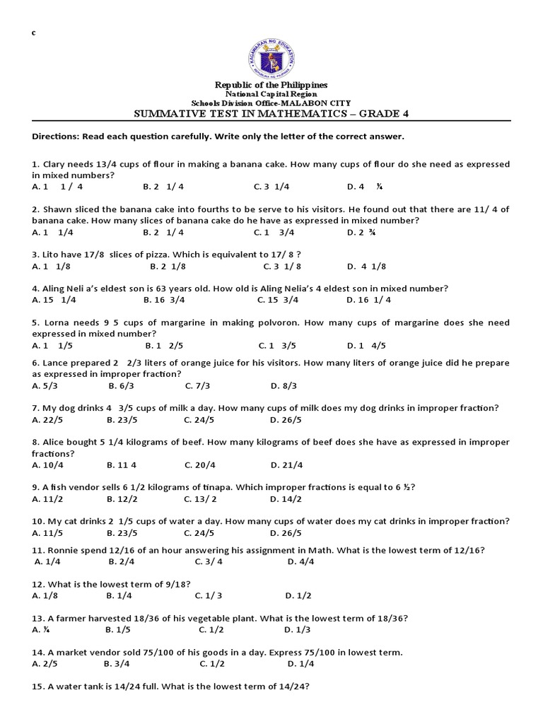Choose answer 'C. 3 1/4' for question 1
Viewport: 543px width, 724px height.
[x=271, y=187]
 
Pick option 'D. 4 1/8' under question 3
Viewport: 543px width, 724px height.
[x=366, y=267]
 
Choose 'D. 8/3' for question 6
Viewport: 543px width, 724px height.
[x=284, y=385]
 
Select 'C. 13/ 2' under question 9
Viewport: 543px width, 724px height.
[x=200, y=498]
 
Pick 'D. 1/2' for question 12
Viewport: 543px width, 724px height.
[x=298, y=595]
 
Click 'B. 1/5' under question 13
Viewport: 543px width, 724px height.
[x=119, y=629]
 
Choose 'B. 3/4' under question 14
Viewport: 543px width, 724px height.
[x=117, y=663]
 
